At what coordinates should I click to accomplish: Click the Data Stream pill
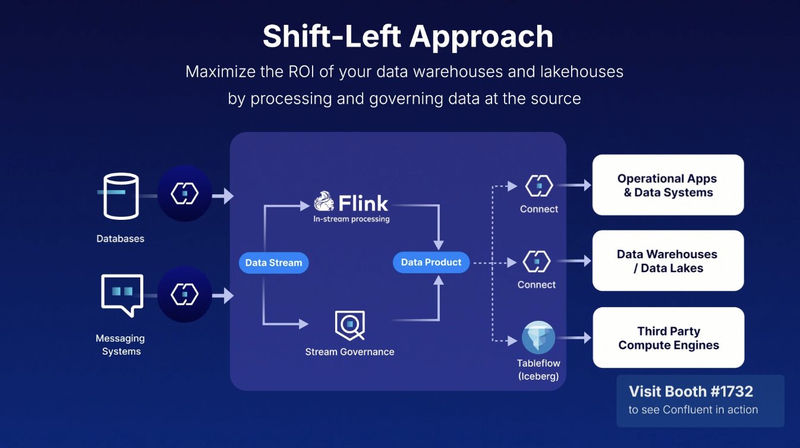(x=273, y=263)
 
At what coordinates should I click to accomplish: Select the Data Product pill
(x=431, y=263)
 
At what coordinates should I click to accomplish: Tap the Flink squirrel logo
(x=324, y=201)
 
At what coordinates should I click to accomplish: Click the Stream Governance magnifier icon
(x=349, y=325)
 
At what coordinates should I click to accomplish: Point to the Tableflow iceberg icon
(x=538, y=337)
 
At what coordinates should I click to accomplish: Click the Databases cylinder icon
(x=121, y=196)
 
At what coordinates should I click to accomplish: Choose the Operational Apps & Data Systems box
(x=668, y=185)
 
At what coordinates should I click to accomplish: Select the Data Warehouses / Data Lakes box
(x=668, y=261)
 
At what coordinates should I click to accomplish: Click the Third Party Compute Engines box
(x=668, y=337)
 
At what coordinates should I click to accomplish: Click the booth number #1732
(x=732, y=392)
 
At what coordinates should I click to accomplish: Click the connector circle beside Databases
(x=185, y=194)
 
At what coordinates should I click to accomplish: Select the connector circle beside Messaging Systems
(x=185, y=294)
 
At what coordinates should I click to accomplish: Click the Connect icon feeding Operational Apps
(x=539, y=185)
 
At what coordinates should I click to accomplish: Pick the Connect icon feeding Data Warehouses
(x=537, y=261)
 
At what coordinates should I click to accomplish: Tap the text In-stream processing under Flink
(x=351, y=219)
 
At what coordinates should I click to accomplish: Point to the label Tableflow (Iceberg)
(x=538, y=370)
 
